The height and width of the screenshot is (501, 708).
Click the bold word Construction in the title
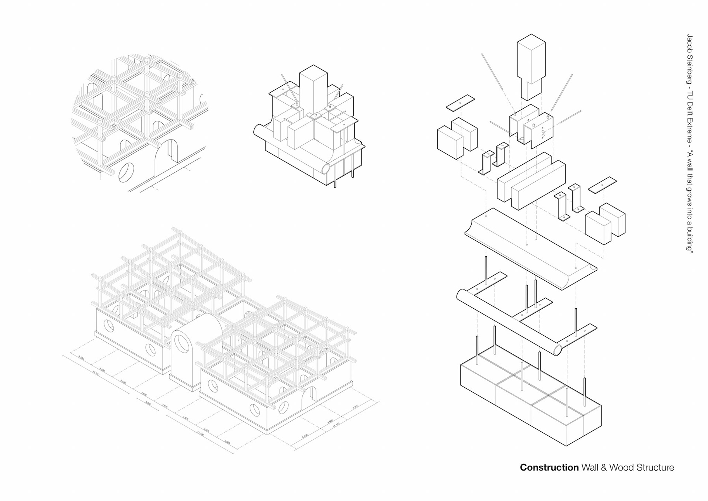[x=549, y=467]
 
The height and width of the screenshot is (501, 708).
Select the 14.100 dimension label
[x=336, y=425]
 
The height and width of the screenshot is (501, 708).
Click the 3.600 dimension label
[x=148, y=403]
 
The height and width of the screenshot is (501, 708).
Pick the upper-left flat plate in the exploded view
[x=460, y=103]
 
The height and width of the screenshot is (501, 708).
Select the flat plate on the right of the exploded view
[x=602, y=185]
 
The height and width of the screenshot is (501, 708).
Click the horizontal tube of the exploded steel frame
[x=509, y=321]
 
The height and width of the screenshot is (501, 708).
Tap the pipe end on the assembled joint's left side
[x=258, y=131]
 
